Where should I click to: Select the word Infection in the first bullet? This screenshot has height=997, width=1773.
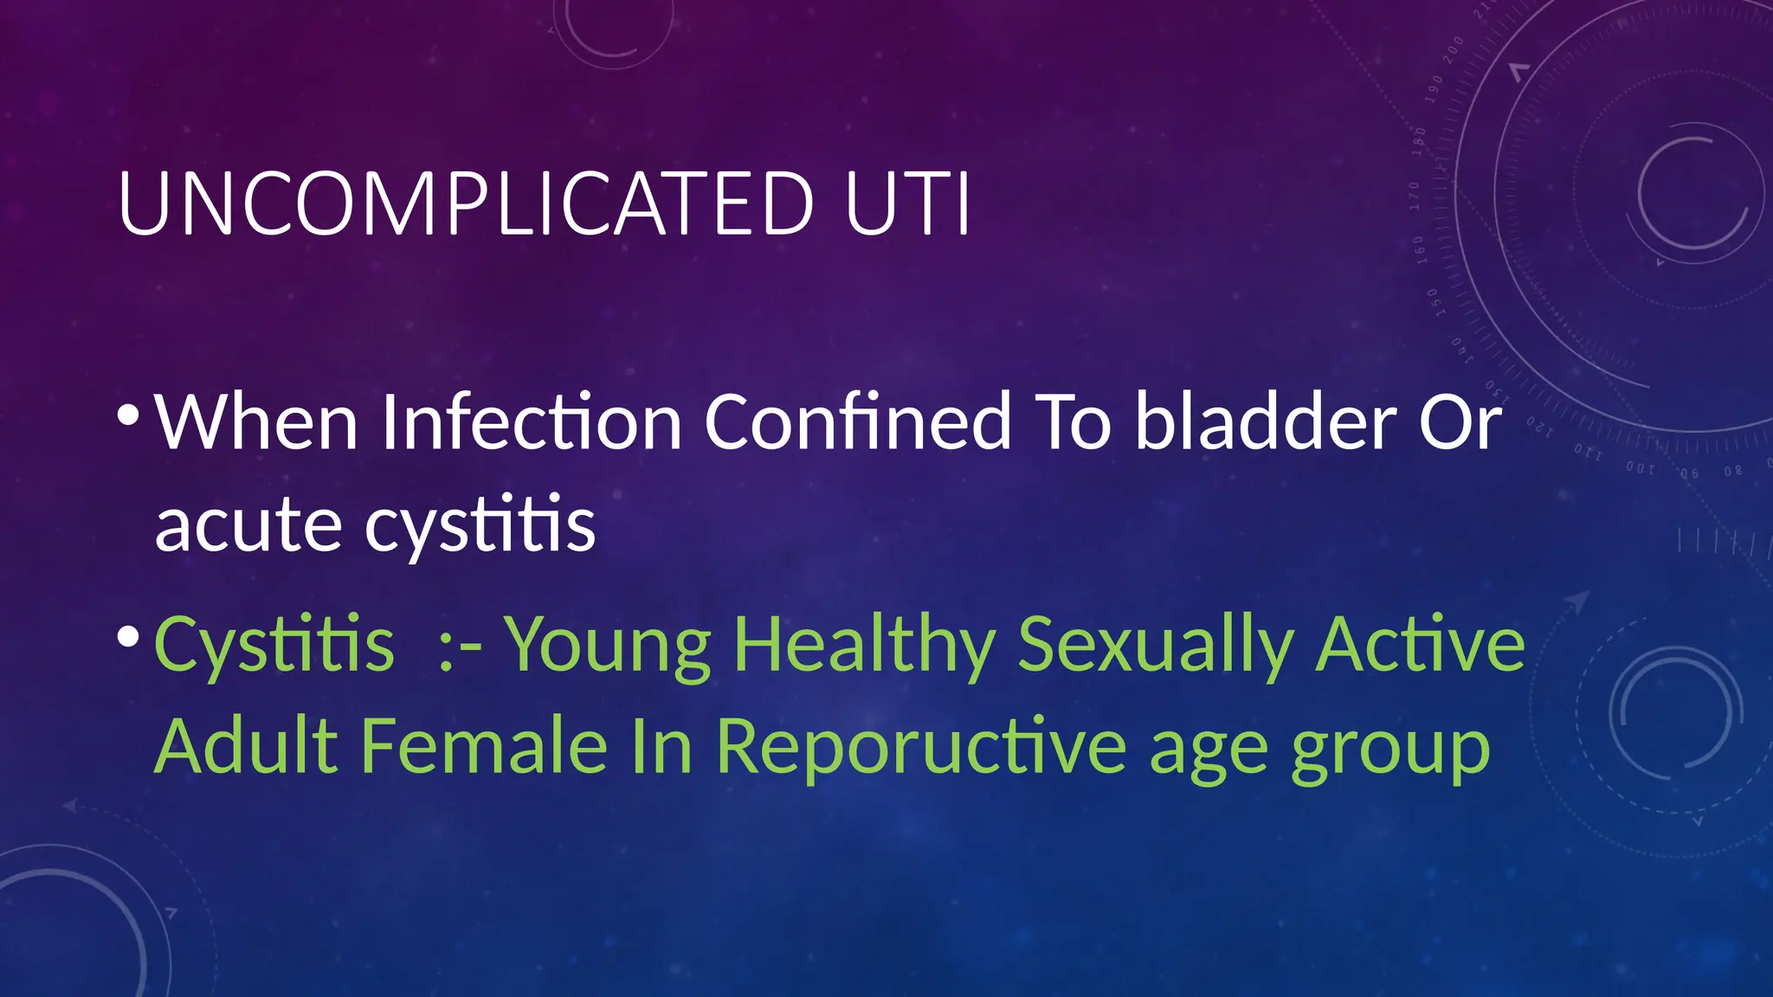pyautogui.click(x=531, y=422)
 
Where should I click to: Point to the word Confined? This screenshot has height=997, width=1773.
pyautogui.click(x=857, y=422)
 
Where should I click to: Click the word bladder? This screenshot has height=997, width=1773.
pyautogui.click(x=1265, y=422)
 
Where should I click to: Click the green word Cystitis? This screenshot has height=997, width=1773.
pyautogui.click(x=274, y=645)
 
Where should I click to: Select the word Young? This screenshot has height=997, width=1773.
pyautogui.click(x=607, y=645)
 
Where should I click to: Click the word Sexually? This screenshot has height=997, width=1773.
pyautogui.click(x=1155, y=645)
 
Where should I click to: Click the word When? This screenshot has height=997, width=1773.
pyautogui.click(x=256, y=422)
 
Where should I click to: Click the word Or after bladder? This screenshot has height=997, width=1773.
pyautogui.click(x=1460, y=422)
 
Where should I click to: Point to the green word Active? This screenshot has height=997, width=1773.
pyautogui.click(x=1420, y=645)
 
